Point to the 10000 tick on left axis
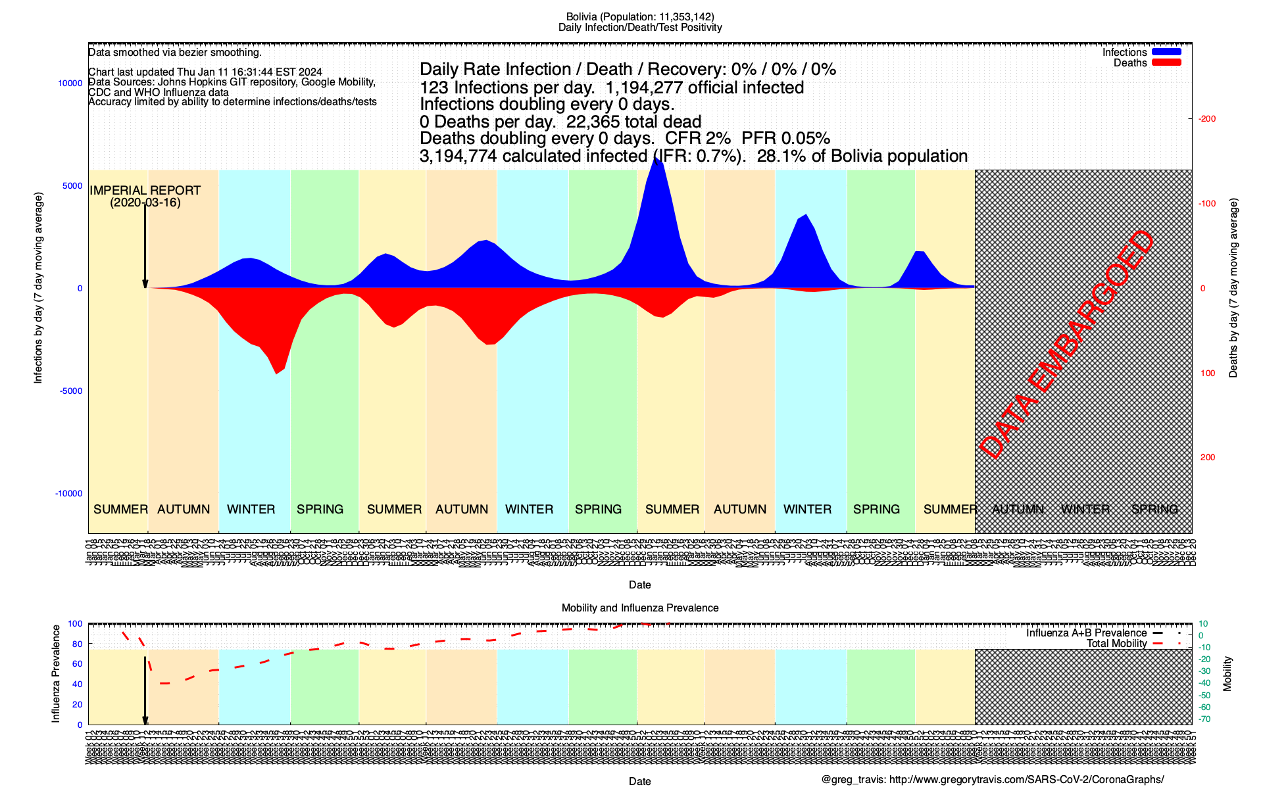point(70,84)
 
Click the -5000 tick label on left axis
point(71,391)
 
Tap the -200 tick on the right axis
point(1207,119)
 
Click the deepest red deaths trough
point(277,373)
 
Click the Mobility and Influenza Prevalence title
point(639,608)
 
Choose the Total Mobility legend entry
point(1116,644)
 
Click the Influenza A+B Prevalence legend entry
point(1086,633)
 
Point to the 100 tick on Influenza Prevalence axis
point(75,624)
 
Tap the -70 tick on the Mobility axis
point(1205,719)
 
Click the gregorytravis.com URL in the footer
point(1026,780)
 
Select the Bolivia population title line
point(639,17)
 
